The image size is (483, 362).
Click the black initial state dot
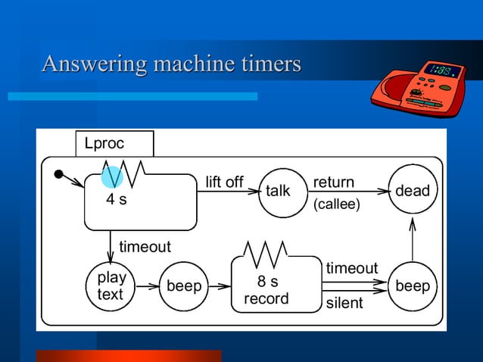(x=59, y=175)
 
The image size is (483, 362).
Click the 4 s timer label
(x=116, y=201)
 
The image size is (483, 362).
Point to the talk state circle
(x=277, y=191)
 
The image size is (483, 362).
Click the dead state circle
(x=412, y=191)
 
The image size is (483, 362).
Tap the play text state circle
(x=111, y=286)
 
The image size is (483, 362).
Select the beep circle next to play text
(x=184, y=286)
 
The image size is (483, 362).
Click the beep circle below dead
(x=412, y=286)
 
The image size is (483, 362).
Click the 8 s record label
(x=266, y=290)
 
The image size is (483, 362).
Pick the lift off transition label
(x=224, y=183)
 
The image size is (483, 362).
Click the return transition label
(x=333, y=183)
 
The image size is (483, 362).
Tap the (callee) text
(x=337, y=204)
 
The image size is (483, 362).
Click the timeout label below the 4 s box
(x=145, y=248)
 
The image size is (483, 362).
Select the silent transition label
(x=344, y=304)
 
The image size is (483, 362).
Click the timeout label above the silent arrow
(x=351, y=268)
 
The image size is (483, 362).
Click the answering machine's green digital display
(x=440, y=71)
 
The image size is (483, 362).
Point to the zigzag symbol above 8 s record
(x=266, y=254)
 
